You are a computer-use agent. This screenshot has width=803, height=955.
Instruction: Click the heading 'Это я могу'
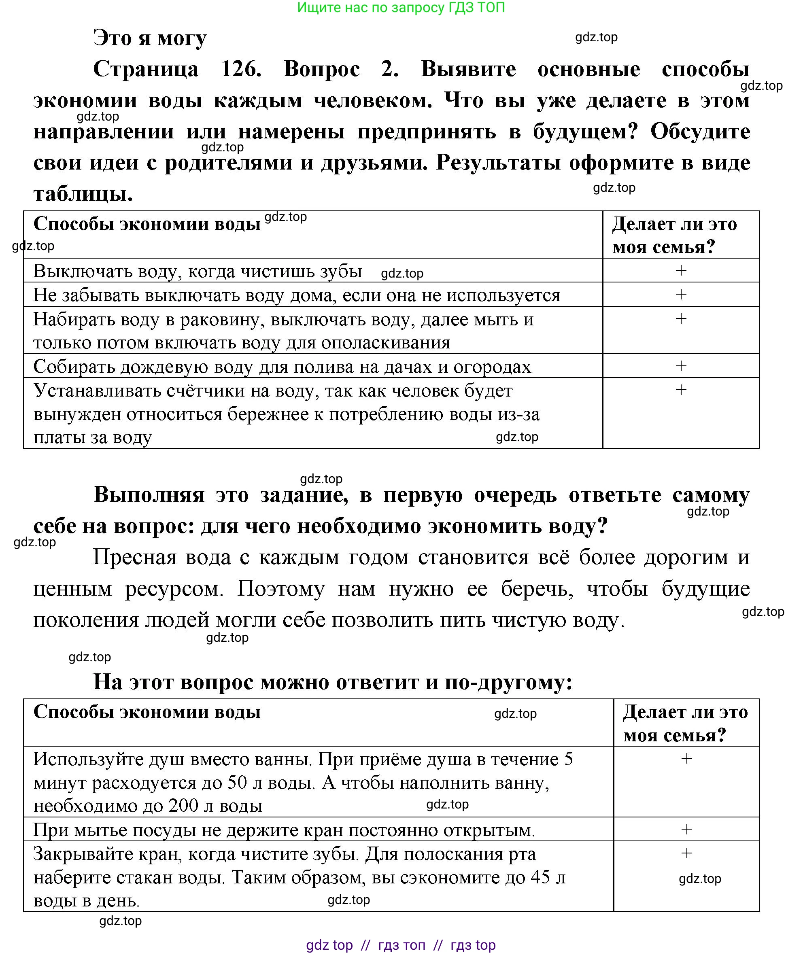pos(150,38)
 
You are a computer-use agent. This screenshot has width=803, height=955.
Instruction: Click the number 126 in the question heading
pos(241,69)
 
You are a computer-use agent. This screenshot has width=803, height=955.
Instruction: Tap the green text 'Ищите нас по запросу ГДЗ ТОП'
pos(401,8)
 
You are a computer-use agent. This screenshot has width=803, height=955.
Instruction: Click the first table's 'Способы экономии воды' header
pos(147,224)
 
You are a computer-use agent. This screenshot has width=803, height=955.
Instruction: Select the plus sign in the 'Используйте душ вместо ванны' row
pos(686,759)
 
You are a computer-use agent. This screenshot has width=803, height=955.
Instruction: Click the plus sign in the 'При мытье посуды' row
pos(686,830)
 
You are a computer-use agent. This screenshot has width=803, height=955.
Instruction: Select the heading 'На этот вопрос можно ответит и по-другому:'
pos(332,682)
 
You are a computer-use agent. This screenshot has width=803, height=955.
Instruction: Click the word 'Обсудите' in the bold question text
pos(700,132)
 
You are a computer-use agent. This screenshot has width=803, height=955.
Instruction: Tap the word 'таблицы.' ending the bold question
pos(83,194)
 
